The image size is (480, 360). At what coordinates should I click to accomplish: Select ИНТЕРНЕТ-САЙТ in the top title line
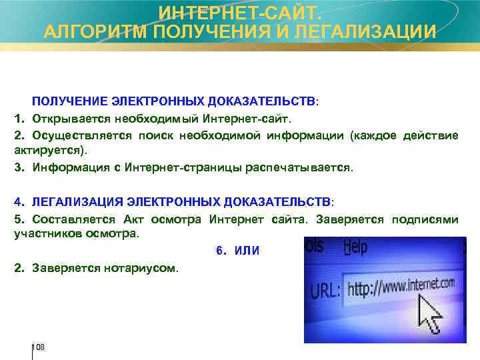[239, 11]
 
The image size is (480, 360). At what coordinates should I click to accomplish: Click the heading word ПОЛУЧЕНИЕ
[70, 101]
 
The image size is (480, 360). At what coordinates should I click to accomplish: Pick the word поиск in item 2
[157, 135]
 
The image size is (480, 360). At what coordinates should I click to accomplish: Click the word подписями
[425, 219]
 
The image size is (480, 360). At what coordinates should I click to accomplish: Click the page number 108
[39, 347]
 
